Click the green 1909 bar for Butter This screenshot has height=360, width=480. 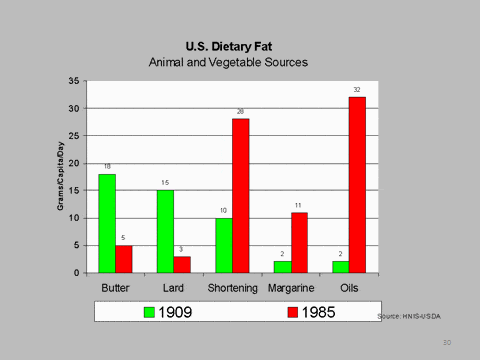click(x=106, y=223)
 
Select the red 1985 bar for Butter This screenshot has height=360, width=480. click(x=124, y=259)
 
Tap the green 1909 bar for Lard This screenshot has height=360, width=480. click(x=165, y=231)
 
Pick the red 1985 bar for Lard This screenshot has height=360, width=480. click(x=182, y=264)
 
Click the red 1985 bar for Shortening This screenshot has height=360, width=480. click(x=240, y=195)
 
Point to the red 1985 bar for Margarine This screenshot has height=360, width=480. click(x=298, y=242)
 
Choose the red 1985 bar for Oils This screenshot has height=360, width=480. click(x=357, y=184)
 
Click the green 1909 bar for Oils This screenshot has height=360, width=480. click(x=340, y=267)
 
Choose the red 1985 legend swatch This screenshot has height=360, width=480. click(x=293, y=312)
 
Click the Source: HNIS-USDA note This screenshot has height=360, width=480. click(x=408, y=315)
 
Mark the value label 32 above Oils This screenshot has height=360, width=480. click(x=357, y=89)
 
